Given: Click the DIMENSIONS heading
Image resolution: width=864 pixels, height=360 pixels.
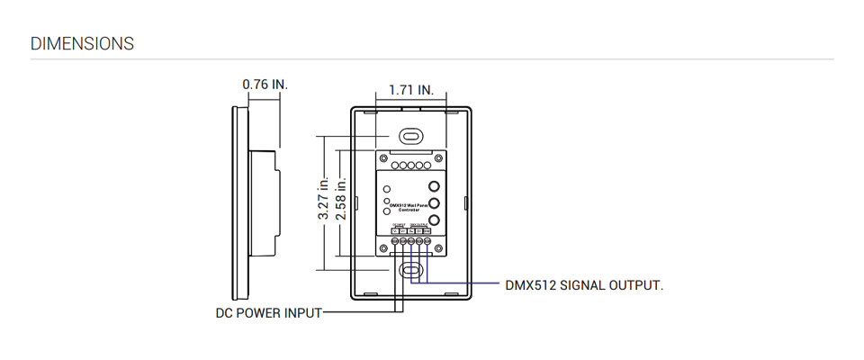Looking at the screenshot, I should click(82, 43).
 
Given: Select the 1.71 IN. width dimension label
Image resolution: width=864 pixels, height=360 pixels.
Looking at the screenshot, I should click(411, 90).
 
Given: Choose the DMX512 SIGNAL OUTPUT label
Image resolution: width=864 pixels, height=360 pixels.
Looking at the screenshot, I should click(584, 285).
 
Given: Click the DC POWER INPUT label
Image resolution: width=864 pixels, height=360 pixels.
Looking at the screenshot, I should click(267, 314).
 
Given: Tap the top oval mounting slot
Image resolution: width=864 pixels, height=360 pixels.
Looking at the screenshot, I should click(410, 135).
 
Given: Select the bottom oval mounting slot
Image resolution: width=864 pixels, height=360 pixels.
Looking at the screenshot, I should click(410, 269).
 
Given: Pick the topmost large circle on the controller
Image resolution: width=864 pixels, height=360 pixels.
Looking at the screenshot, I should click(434, 186).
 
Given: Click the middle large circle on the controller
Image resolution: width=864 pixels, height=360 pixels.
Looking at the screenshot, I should click(434, 203).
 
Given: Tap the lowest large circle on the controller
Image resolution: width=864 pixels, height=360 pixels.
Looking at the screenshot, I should click(434, 220).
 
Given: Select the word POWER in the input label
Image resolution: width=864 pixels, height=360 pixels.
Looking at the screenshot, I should click(269, 314).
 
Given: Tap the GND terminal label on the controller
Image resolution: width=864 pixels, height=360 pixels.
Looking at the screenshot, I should click(427, 231).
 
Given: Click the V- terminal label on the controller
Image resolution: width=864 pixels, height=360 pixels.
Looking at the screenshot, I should click(394, 231).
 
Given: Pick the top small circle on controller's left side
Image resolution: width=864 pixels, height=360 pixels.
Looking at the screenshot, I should click(386, 189).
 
